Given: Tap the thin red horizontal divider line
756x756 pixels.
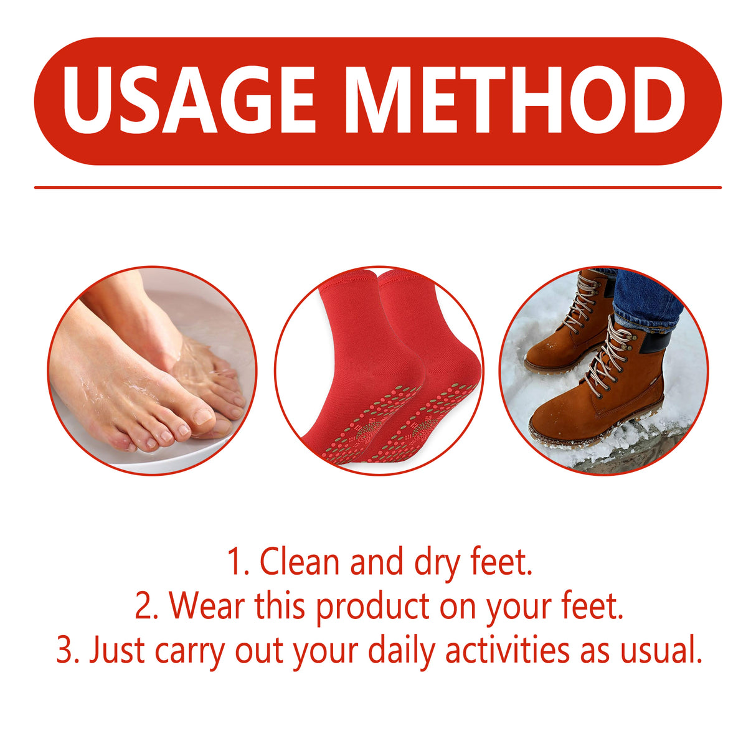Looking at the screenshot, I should [x=377, y=187].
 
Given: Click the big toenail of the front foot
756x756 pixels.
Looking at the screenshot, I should [x=203, y=415].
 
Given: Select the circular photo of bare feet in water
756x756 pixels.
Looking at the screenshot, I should [x=152, y=371].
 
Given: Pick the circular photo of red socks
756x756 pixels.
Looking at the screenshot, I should [x=379, y=371].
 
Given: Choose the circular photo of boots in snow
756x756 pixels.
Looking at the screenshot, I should [x=603, y=371].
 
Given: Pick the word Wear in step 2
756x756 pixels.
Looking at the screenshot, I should [x=206, y=606].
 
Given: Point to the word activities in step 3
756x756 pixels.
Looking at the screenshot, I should [x=508, y=651].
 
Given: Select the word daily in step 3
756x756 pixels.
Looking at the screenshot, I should [x=401, y=651].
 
